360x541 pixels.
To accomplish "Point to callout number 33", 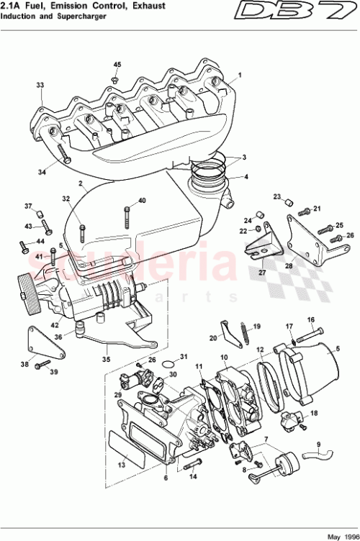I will point(40,85).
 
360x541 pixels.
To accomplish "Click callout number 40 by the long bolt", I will point(141,200).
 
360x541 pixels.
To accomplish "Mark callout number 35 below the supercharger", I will point(106,356).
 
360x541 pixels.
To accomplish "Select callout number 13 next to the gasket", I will point(121,465).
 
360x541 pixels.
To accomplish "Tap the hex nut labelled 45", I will point(115,78).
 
